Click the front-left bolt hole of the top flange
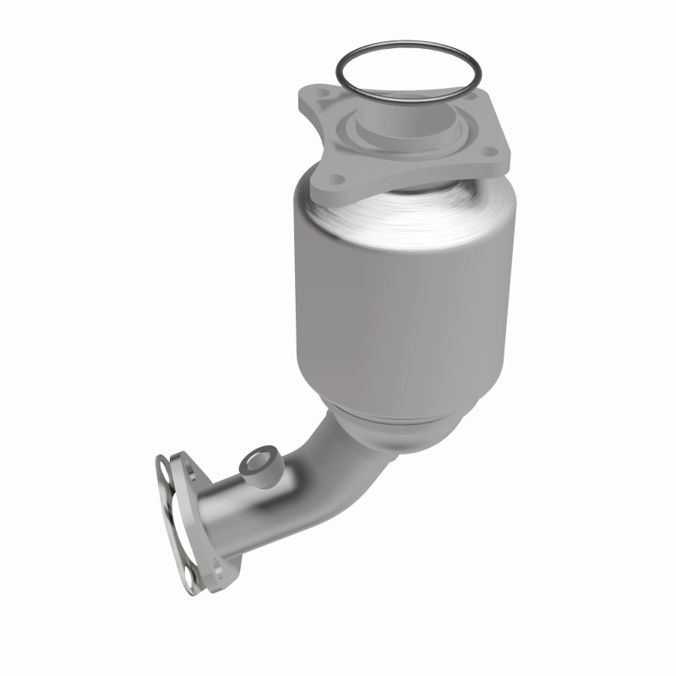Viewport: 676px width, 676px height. [x=337, y=180]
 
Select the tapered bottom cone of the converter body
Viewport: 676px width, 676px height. [x=397, y=431]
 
